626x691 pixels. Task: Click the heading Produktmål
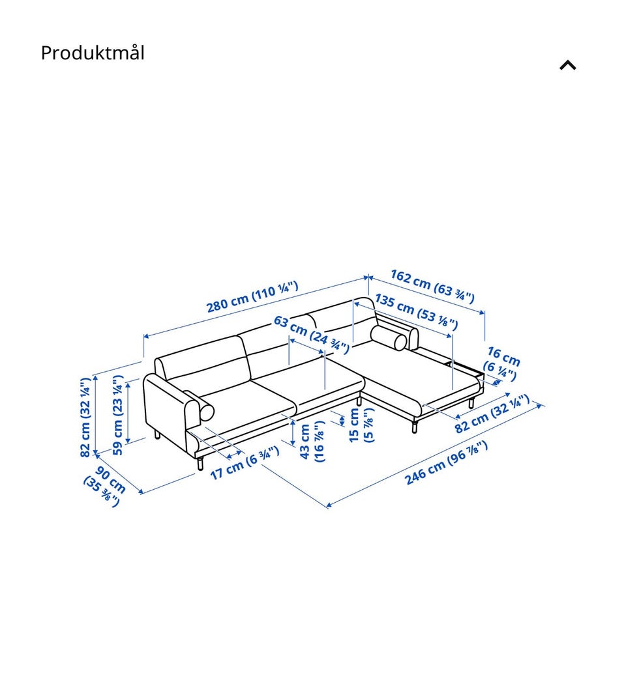pyautogui.click(x=93, y=53)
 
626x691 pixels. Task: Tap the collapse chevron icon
pyautogui.click(x=568, y=65)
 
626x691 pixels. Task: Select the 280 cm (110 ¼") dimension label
pyautogui.click(x=252, y=296)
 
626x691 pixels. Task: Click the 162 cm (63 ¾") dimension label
pyautogui.click(x=432, y=287)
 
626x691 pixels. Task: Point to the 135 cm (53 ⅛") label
pyautogui.click(x=417, y=312)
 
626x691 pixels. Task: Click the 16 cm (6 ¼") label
pyautogui.click(x=501, y=364)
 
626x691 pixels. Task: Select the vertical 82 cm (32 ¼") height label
pyautogui.click(x=86, y=416)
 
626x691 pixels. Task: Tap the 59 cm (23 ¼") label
pyautogui.click(x=118, y=415)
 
